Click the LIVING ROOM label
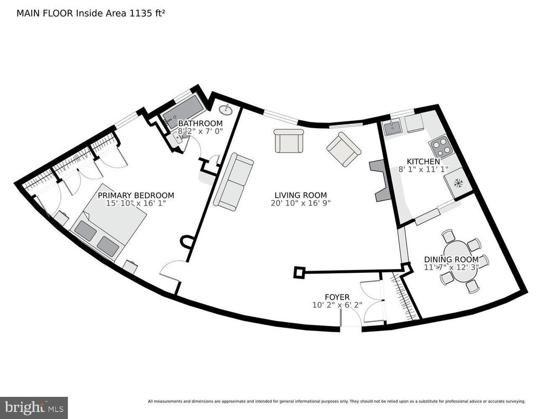pos(301,195)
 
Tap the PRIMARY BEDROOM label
pos(136,195)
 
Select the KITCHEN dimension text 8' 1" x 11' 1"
pos(423,169)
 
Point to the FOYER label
pos(337,297)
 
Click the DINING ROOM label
pos(451,260)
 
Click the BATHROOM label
pos(200,123)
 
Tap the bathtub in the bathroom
pos(181,111)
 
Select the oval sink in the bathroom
pos(225,110)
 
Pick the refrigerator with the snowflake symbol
pos(458,183)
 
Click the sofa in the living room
pos(233,181)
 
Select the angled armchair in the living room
pos(344,149)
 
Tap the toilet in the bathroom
pos(180,139)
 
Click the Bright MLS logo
pos(34,407)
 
